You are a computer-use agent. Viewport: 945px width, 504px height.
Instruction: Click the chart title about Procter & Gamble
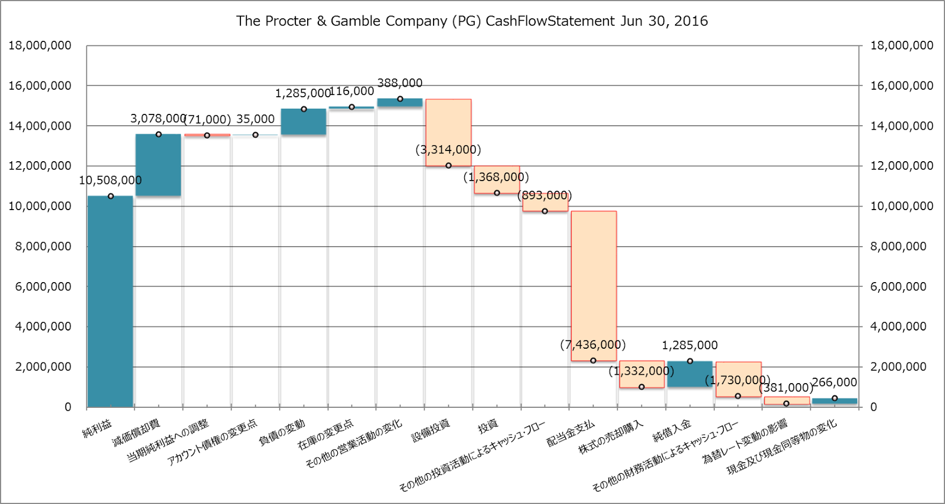(472, 21)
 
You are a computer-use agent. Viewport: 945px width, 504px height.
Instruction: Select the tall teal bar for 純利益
(110, 301)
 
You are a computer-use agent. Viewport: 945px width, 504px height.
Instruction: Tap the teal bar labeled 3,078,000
(158, 165)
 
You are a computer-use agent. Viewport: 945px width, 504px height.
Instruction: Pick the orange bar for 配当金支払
(594, 286)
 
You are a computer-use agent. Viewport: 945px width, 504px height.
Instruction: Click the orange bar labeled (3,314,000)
(448, 132)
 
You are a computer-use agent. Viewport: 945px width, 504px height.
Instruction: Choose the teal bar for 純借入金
(690, 374)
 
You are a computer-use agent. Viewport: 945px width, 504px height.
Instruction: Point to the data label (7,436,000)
(592, 345)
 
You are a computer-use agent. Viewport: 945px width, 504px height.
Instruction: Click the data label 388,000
(400, 83)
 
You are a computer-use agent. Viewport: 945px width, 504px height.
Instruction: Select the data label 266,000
(835, 382)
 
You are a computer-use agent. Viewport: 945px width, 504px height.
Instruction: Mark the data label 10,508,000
(110, 180)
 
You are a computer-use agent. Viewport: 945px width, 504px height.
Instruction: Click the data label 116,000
(351, 91)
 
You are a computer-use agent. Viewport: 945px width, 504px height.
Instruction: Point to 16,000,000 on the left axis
(40, 86)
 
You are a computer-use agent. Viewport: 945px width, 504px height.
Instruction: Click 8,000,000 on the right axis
(898, 246)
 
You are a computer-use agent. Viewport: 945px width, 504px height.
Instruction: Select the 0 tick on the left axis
(68, 407)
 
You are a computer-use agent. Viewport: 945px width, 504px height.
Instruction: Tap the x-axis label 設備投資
(431, 430)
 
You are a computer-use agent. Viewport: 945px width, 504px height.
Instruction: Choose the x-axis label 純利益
(97, 428)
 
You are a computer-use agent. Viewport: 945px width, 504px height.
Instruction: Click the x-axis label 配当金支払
(571, 433)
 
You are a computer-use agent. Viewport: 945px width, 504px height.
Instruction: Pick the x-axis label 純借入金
(672, 430)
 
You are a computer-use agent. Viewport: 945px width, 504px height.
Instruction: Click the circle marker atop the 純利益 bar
(110, 196)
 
